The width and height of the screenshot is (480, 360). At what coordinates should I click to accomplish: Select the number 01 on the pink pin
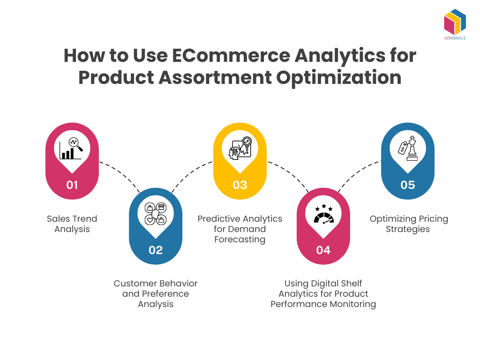tap(72, 185)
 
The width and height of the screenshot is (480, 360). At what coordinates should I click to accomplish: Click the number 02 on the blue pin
tap(156, 250)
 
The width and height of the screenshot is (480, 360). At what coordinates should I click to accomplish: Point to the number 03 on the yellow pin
tap(240, 185)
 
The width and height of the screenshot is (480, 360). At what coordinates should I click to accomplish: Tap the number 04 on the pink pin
tap(323, 250)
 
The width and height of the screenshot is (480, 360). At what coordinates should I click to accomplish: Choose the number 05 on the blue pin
tap(407, 185)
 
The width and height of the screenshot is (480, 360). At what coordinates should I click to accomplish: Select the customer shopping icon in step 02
tap(156, 214)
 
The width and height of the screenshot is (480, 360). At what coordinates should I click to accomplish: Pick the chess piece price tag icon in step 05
tap(407, 149)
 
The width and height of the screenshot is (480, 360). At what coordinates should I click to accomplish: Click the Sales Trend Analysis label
tap(72, 224)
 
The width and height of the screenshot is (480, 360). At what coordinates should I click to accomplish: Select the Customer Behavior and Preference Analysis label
tap(156, 294)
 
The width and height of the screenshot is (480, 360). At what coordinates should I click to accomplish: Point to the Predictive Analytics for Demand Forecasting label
tap(240, 229)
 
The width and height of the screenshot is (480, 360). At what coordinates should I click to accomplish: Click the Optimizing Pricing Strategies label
tap(407, 224)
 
